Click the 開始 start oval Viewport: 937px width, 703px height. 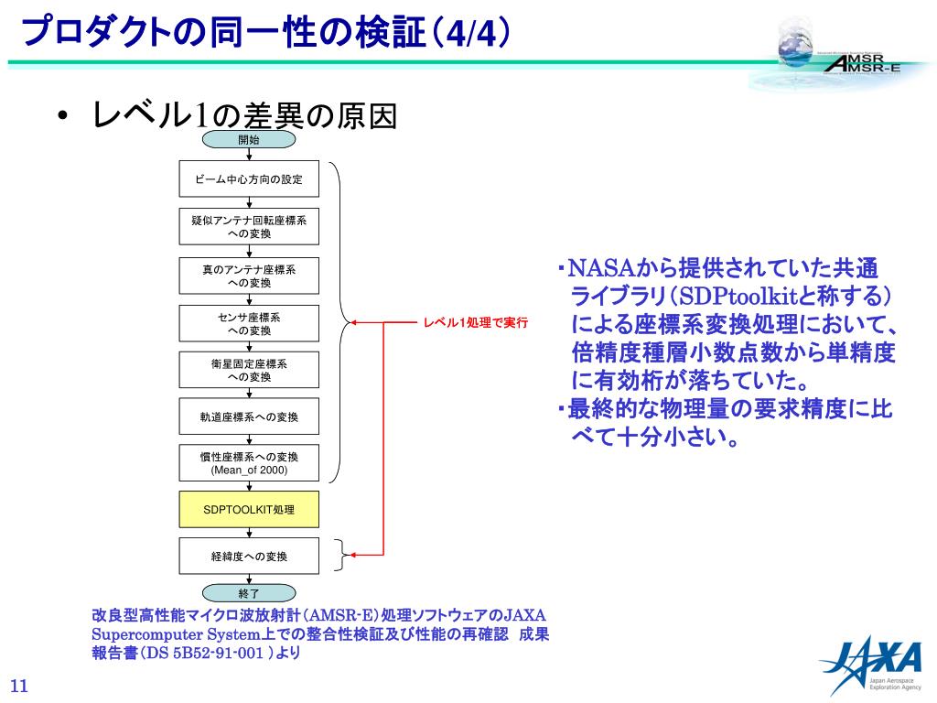(249, 140)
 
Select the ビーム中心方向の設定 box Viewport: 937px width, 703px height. (249, 179)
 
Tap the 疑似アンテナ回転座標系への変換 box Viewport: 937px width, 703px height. (249, 227)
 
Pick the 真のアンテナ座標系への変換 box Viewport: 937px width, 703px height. (249, 276)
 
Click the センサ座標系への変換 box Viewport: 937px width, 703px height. (249, 323)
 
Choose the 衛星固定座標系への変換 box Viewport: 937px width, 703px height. (249, 370)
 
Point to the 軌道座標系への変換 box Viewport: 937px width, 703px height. (249, 416)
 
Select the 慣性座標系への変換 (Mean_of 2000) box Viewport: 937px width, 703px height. (249, 463)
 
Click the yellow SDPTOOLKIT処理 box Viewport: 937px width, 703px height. (249, 509)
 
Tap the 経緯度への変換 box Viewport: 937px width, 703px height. (249, 556)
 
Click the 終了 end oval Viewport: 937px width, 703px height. (249, 594)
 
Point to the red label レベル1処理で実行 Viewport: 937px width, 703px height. (475, 323)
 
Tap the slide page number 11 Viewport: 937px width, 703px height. (19, 687)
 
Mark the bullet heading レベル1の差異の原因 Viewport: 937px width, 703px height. (244, 115)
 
